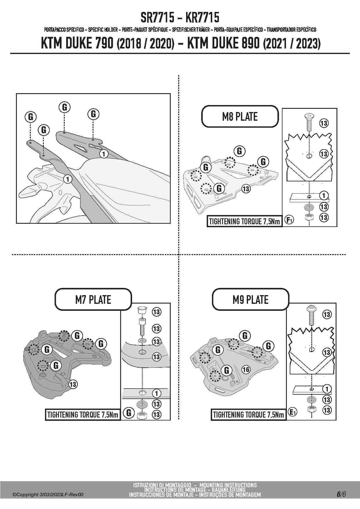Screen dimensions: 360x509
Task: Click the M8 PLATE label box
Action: [x=240, y=116]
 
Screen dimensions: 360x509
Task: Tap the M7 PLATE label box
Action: [x=93, y=299]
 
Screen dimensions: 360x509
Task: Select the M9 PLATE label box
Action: [x=250, y=299]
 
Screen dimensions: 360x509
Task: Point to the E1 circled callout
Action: [x=293, y=412]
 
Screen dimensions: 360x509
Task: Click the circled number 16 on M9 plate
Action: [x=246, y=369]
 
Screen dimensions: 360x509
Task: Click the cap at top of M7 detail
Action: [x=142, y=310]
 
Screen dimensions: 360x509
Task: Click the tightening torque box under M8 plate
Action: [x=244, y=221]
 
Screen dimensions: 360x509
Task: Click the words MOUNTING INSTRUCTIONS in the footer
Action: [x=228, y=485]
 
